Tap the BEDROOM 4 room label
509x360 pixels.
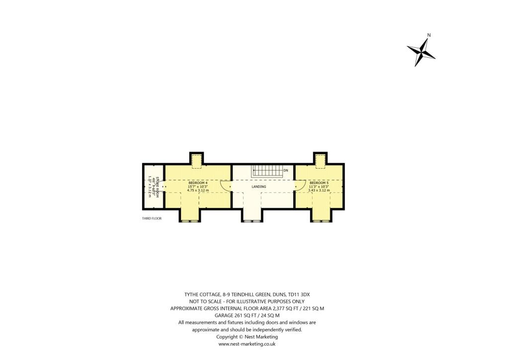coord(197,182)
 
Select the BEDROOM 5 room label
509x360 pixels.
coord(319,182)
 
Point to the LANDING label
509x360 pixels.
coord(258,186)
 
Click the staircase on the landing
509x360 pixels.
coord(266,171)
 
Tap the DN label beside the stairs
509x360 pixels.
coord(286,171)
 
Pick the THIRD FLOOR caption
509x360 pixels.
coord(152,218)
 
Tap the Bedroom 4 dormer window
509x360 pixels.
coord(189,220)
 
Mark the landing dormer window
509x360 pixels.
coord(252,220)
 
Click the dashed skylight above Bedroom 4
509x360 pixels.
coord(197,160)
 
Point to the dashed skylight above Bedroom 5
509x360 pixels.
coord(320,160)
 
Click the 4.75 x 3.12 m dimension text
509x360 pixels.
coord(197,190)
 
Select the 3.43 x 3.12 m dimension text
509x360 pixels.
coord(319,190)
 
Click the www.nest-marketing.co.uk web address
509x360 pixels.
coord(247,344)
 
